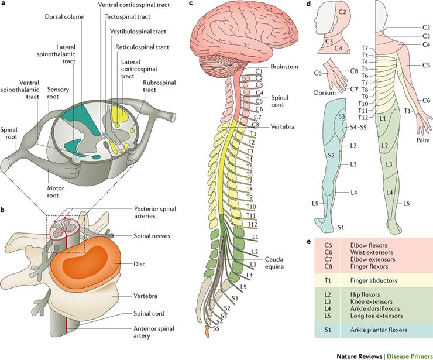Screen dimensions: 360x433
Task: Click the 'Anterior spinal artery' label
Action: point(150,331)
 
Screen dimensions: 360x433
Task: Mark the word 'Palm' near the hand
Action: point(422,140)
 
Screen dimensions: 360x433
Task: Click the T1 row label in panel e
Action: point(328,280)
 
